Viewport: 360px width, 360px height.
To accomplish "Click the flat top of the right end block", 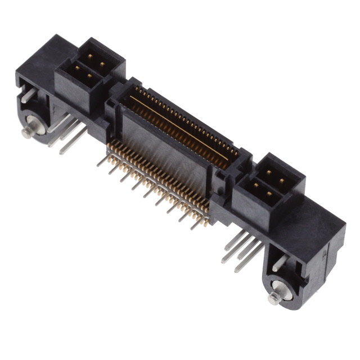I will pyautogui.click(x=318, y=217).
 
